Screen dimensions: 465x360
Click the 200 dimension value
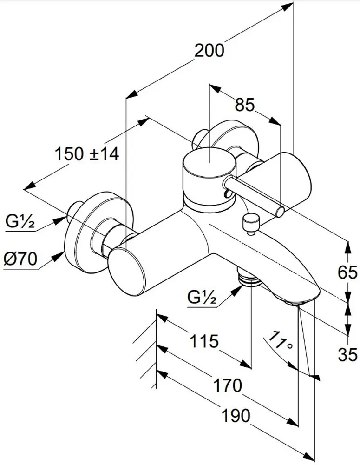click(209, 50)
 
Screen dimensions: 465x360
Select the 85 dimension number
click(245, 105)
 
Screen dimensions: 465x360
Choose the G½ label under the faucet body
click(202, 296)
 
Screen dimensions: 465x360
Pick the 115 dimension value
click(204, 342)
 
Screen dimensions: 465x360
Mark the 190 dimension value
click(236, 415)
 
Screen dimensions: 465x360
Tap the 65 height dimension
click(347, 272)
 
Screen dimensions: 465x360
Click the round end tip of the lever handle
click(280, 211)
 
